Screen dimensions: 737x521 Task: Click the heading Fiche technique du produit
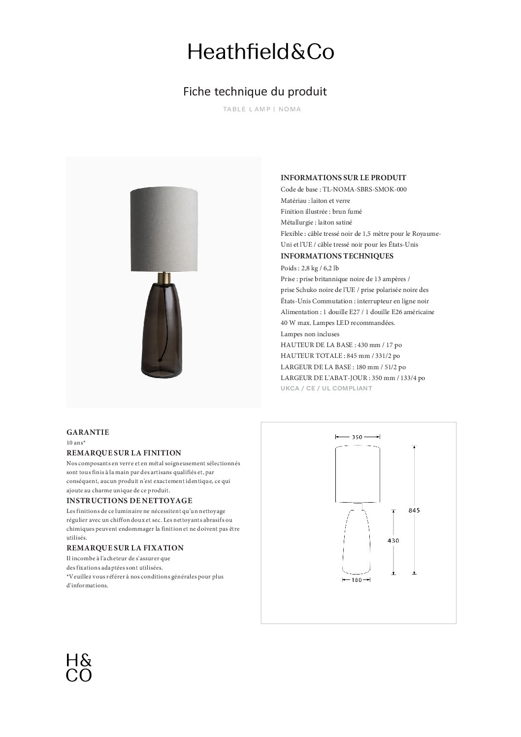pyautogui.click(x=255, y=92)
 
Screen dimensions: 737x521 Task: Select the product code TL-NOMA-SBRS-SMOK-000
pyautogui.click(x=364, y=189)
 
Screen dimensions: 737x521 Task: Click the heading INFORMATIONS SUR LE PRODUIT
pyautogui.click(x=343, y=178)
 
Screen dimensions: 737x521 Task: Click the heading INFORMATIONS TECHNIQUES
pyautogui.click(x=337, y=256)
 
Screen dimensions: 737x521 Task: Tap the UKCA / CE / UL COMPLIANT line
pyautogui.click(x=326, y=388)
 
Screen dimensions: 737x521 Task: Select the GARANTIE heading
pyautogui.click(x=88, y=432)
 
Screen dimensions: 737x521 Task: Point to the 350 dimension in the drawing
pyautogui.click(x=358, y=437)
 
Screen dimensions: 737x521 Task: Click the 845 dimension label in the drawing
pyautogui.click(x=414, y=510)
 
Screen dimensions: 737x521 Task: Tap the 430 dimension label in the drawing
pyautogui.click(x=393, y=541)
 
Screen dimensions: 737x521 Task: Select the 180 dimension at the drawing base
pyautogui.click(x=357, y=580)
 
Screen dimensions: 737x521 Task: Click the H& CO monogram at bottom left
pyautogui.click(x=79, y=667)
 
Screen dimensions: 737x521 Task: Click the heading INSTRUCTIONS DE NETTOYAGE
pyautogui.click(x=129, y=501)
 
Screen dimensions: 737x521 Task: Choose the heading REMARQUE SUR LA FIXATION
pyautogui.click(x=125, y=548)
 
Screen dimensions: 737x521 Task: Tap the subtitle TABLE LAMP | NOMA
pyautogui.click(x=262, y=109)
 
